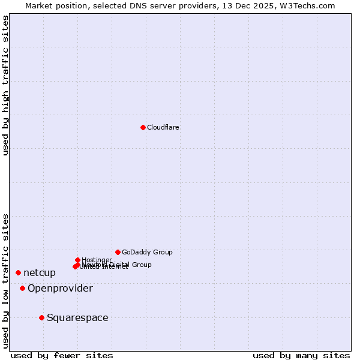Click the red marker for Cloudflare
click(143, 127)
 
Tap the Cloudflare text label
click(163, 127)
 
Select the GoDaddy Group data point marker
click(118, 252)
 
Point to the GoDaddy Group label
click(147, 252)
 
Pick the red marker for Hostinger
click(77, 260)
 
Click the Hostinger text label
click(97, 260)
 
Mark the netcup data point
click(18, 272)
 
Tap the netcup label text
click(40, 273)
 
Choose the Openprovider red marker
click(22, 288)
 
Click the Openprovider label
click(60, 289)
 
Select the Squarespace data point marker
click(41, 317)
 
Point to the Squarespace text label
click(77, 318)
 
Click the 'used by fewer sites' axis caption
click(62, 356)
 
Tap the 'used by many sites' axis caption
click(301, 356)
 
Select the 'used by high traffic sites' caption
click(6, 85)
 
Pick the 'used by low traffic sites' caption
click(6, 280)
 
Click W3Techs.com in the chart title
click(310, 5)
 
